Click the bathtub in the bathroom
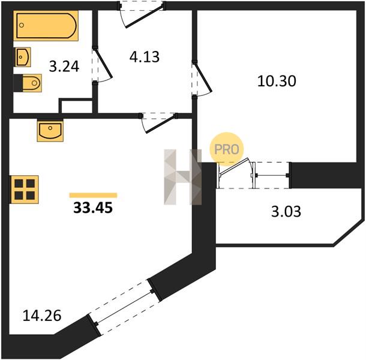pos(46,26)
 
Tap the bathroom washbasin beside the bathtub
pos(23,57)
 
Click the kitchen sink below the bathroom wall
pos(50,130)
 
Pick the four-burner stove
pos(24,190)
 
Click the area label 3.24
pos(64,67)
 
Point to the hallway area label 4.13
pos(145,57)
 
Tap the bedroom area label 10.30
pos(277,81)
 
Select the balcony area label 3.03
pos(286,212)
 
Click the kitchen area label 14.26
pos(42,316)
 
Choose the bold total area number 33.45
pos(93,208)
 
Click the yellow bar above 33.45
pos(93,195)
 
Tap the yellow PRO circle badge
pos(227,149)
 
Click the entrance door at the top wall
pos(142,14)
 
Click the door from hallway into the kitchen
pos(158,123)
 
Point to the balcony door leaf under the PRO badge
pos(235,166)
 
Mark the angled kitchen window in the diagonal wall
pos(124,307)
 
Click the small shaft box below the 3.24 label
pos(76,106)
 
